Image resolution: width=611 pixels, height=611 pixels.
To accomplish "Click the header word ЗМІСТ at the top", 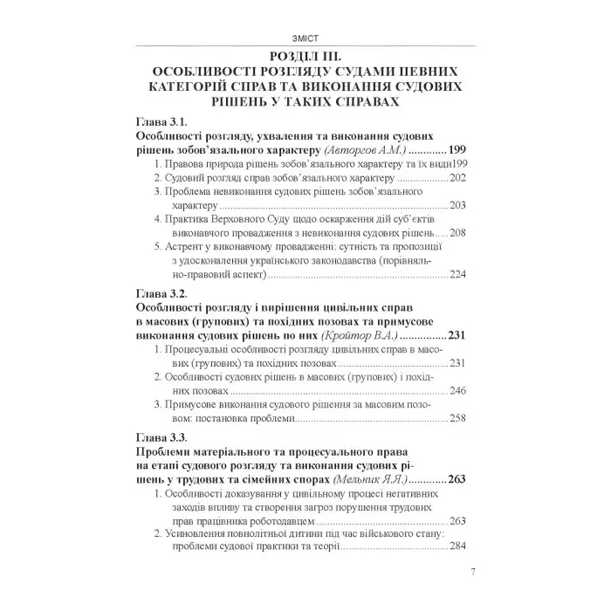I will [305, 38].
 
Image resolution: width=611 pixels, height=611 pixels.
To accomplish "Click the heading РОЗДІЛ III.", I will [305, 56].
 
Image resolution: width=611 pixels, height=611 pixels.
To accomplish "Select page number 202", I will [459, 177].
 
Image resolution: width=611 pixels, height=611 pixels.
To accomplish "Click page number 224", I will [459, 275].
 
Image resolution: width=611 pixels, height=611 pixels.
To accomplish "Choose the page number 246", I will [459, 390].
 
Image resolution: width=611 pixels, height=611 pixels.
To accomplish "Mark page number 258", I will [459, 418].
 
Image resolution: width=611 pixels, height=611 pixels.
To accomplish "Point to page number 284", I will [459, 547].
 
